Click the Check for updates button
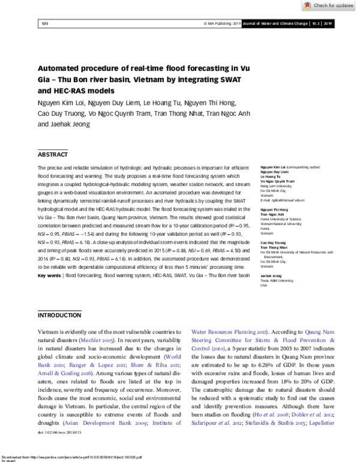pos(329,5)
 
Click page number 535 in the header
pos(45,23)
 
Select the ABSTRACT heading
pos(53,154)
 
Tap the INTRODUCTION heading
pos(59,315)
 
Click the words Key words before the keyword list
pos(49,275)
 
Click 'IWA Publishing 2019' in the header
pos(223,23)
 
